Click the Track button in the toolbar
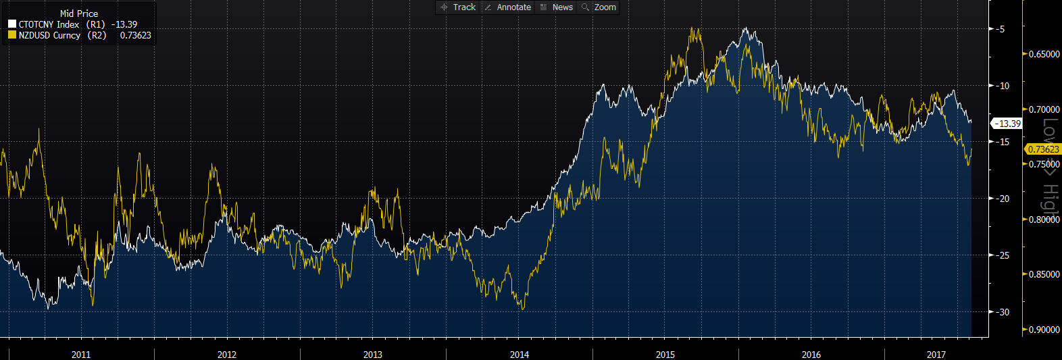459,7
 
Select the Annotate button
508,7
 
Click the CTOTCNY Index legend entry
49,24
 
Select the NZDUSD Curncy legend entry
49,35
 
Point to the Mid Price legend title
79,14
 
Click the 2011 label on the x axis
81,355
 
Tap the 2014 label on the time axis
520,355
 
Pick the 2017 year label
936,355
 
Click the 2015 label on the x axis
665,355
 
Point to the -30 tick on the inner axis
1003,312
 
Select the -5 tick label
1001,29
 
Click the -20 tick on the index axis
1003,199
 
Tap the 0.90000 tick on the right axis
1044,330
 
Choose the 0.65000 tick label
1044,54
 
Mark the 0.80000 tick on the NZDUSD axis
1044,220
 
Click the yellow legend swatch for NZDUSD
12,35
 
